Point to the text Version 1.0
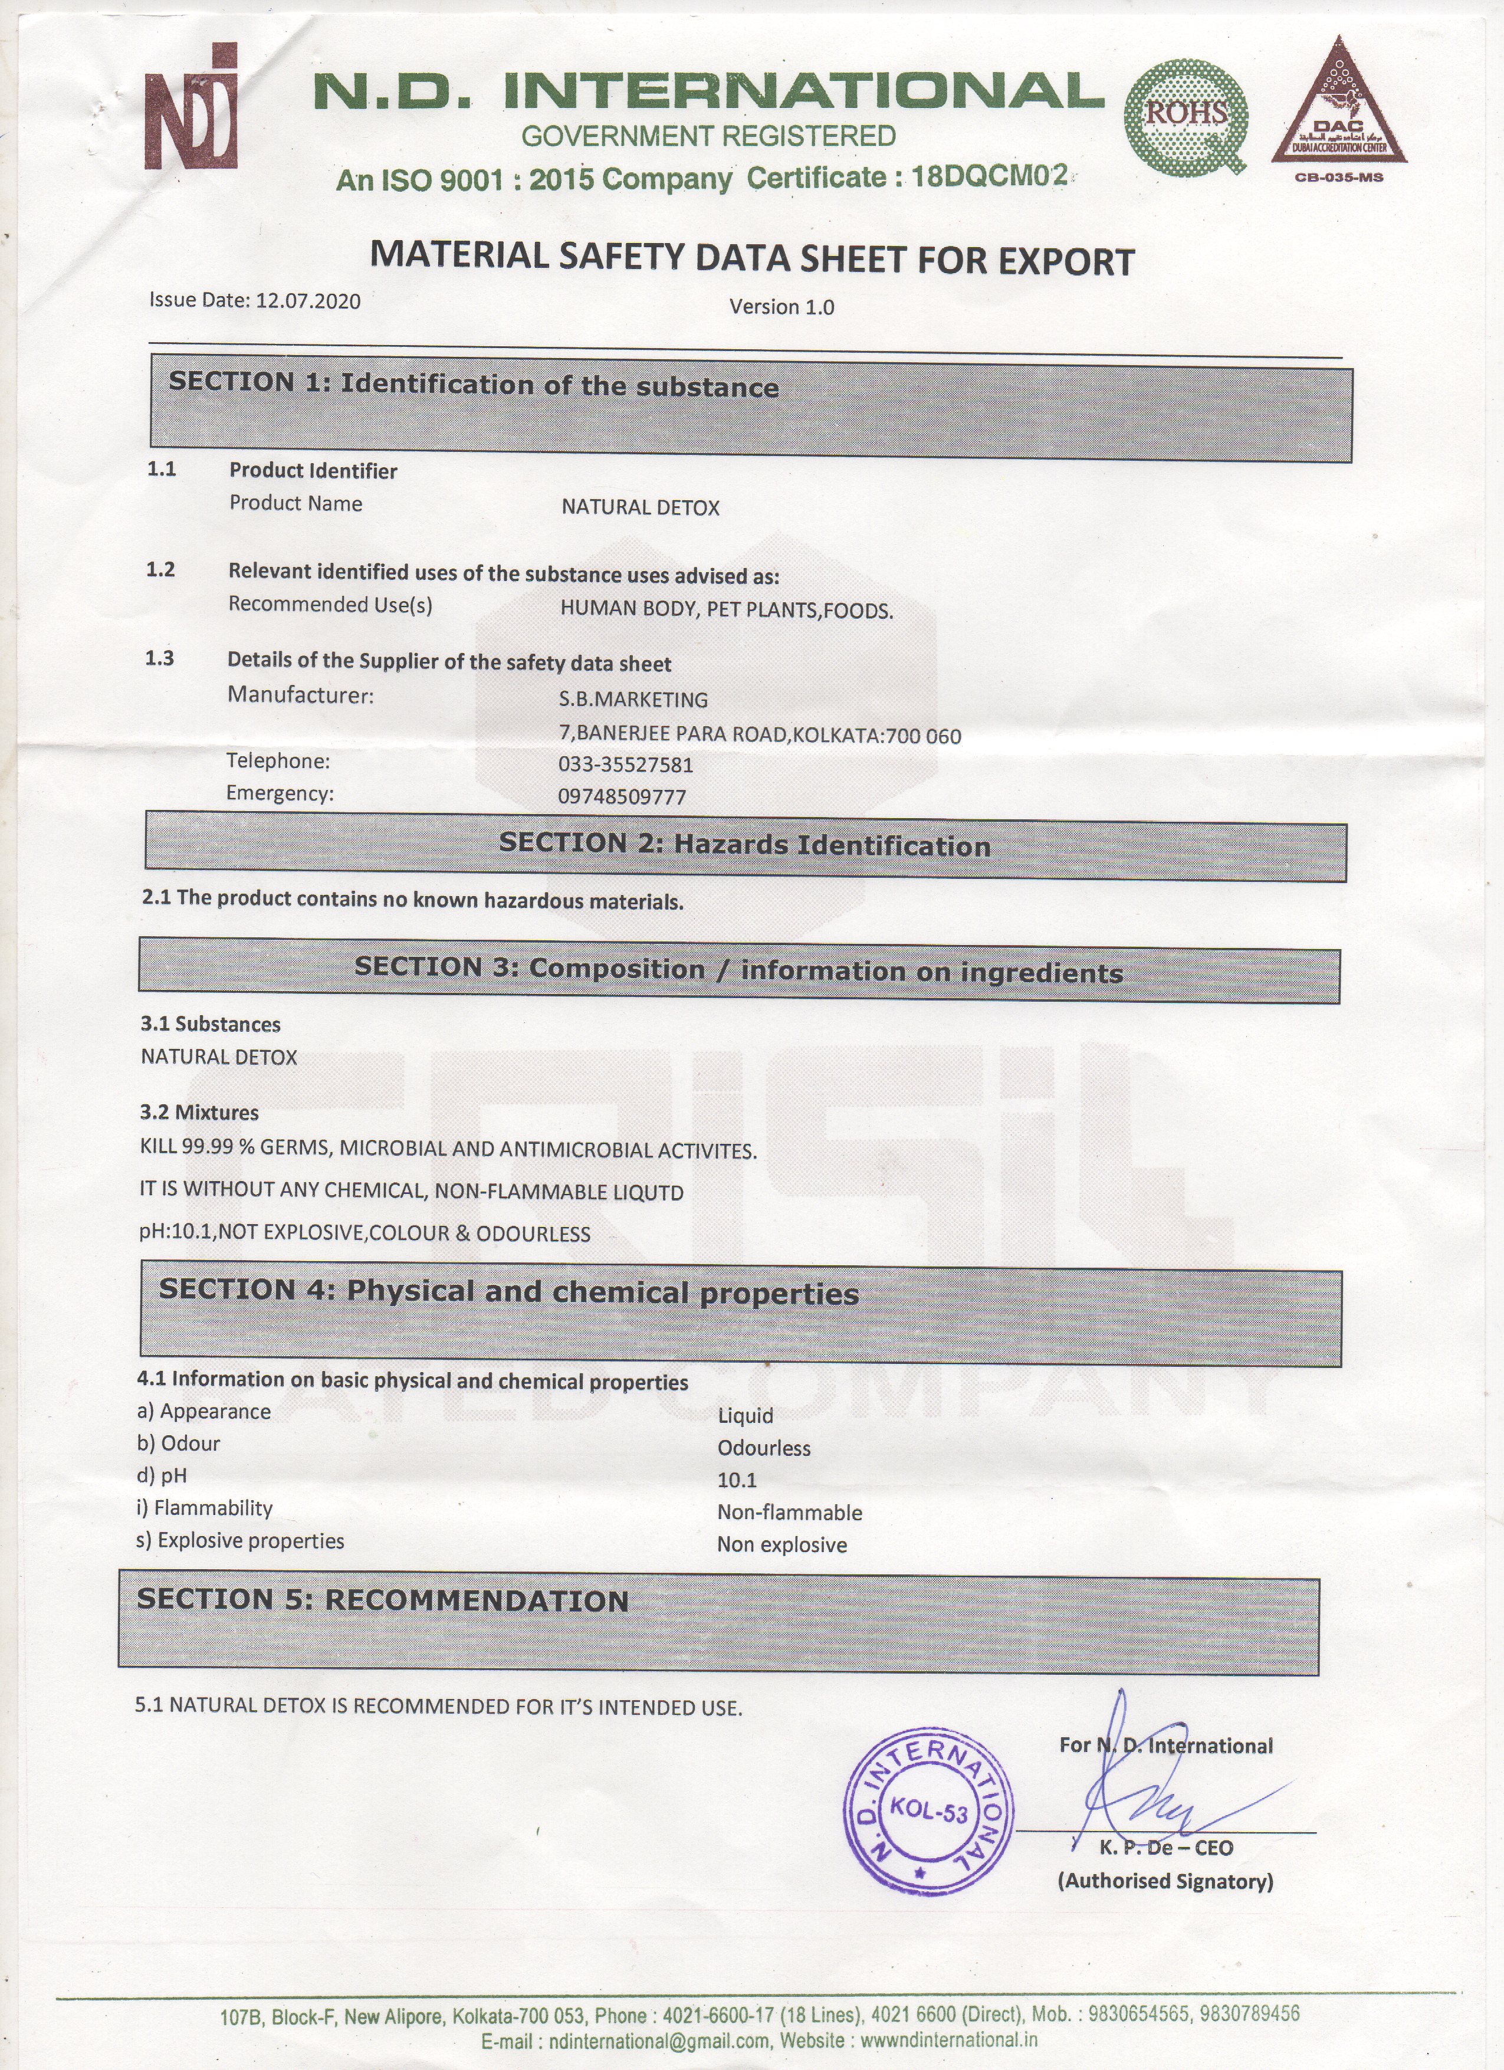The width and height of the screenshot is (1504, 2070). point(781,307)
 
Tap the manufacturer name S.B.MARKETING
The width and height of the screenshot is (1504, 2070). point(633,699)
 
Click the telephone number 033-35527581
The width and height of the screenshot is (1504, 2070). point(626,764)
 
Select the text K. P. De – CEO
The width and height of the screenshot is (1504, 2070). point(1165,1848)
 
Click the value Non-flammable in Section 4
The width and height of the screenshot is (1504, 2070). point(789,1513)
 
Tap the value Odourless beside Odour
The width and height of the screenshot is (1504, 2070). point(764,1448)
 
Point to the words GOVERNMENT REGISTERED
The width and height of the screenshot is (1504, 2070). point(708,136)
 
